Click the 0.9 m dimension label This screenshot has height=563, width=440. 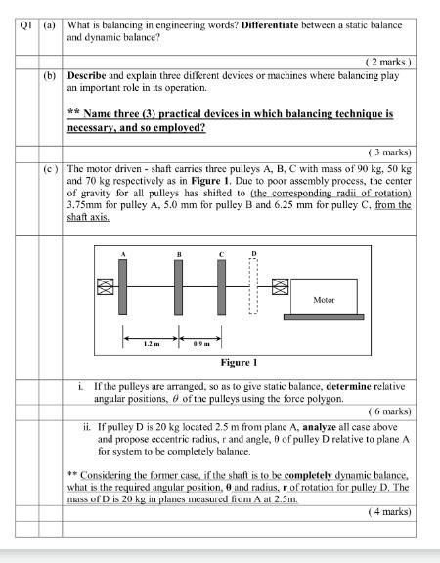tap(201, 344)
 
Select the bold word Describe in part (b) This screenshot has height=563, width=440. tap(89, 74)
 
